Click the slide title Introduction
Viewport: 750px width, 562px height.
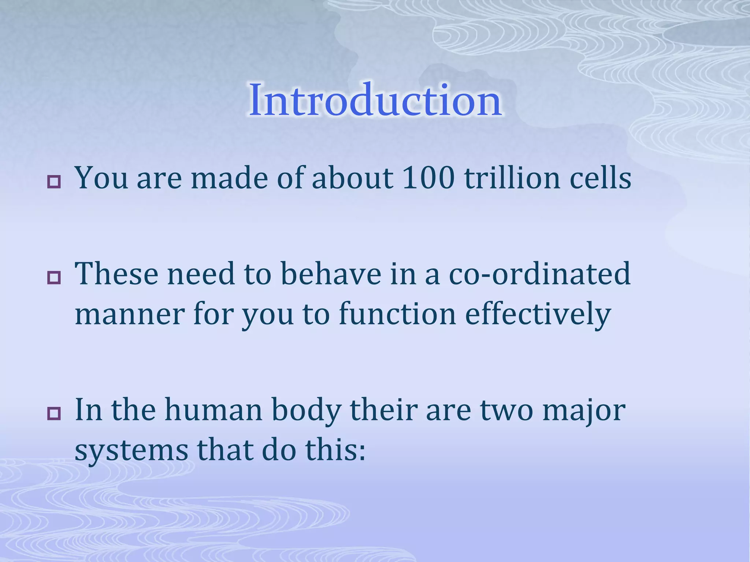(x=375, y=100)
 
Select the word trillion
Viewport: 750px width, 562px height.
(x=512, y=178)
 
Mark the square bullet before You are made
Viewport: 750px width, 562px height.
(x=54, y=182)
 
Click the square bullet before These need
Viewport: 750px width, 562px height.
(x=54, y=278)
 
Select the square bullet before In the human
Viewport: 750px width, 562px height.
(x=54, y=414)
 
